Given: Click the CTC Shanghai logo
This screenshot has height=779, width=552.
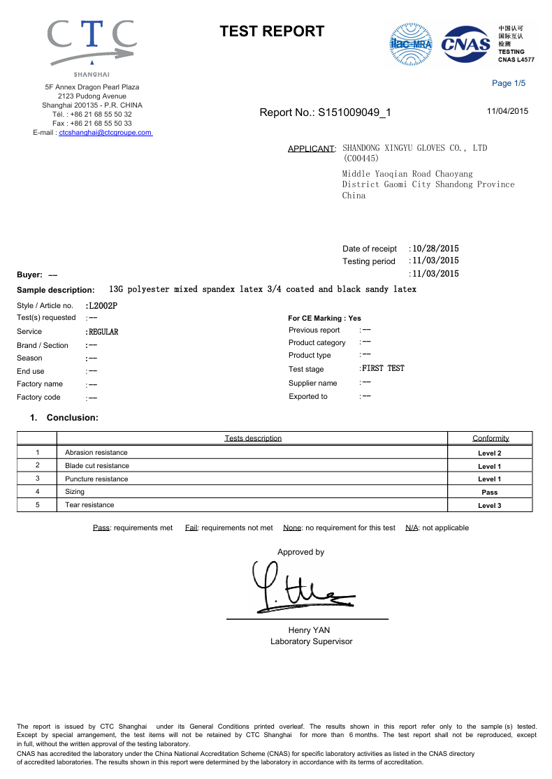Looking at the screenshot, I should click(x=92, y=46).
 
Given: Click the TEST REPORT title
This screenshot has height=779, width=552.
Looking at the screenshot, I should click(x=272, y=31).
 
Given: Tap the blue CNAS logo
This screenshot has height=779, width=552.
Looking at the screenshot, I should click(x=467, y=44).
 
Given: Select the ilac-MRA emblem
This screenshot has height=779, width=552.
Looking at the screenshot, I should click(x=410, y=44).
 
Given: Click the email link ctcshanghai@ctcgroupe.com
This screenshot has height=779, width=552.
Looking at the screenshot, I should click(x=106, y=132).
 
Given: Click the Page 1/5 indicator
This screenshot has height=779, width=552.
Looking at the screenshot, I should click(x=508, y=84).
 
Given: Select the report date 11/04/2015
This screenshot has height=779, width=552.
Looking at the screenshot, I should click(x=507, y=111).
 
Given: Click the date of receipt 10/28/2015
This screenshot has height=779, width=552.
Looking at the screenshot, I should click(x=435, y=249).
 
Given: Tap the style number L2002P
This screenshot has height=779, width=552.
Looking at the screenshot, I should click(x=102, y=305).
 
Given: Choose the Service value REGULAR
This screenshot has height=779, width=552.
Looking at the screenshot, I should click(x=103, y=332).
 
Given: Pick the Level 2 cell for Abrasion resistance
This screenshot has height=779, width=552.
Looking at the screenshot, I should click(x=489, y=453).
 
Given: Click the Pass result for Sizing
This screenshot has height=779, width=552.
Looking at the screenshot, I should click(x=489, y=493).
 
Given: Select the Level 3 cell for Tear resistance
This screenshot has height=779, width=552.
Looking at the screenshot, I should click(x=489, y=505).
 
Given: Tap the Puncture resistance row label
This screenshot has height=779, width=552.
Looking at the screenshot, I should click(x=96, y=479).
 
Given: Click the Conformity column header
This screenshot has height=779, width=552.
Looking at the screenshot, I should click(x=491, y=439).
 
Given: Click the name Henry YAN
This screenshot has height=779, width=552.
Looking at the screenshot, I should click(x=309, y=630).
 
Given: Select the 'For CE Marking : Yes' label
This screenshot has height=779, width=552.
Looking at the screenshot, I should click(x=324, y=318).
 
